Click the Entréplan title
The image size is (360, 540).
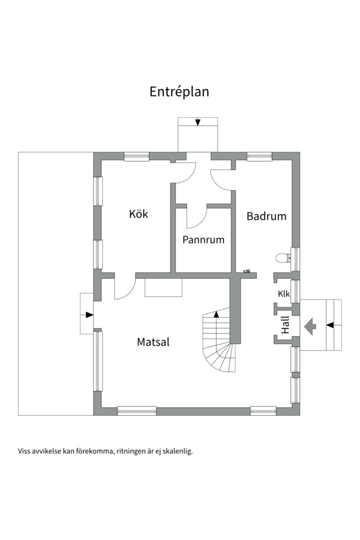[179, 92]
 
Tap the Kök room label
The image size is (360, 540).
[138, 214]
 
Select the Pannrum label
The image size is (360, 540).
[203, 239]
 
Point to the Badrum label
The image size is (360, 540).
[266, 216]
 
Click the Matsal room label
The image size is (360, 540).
[153, 342]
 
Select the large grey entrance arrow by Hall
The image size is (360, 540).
[310, 326]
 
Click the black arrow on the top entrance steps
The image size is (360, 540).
[198, 122]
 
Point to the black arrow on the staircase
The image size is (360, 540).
[216, 314]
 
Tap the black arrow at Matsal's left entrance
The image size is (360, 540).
[89, 314]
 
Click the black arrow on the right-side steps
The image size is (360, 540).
[330, 325]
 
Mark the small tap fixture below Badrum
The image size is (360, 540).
[247, 271]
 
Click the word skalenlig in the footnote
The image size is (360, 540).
[177, 450]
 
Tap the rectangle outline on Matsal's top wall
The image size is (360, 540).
[163, 287]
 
